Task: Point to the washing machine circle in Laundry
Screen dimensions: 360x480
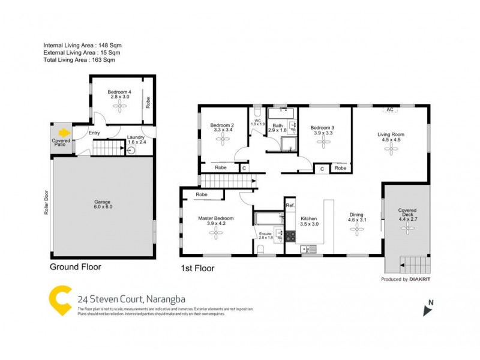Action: coord(131,151)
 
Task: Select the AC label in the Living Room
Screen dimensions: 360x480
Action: coord(390,110)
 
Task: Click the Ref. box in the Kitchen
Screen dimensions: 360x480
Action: coord(290,206)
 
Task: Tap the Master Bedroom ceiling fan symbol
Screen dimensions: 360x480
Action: coord(215,235)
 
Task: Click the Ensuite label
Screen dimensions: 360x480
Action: coord(265,233)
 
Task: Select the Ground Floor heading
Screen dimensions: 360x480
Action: coord(75,267)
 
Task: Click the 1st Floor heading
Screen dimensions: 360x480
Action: coord(197,268)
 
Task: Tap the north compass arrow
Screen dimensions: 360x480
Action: coord(427,308)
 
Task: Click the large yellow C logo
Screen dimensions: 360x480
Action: coord(59,300)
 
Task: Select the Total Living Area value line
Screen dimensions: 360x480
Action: coord(79,60)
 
